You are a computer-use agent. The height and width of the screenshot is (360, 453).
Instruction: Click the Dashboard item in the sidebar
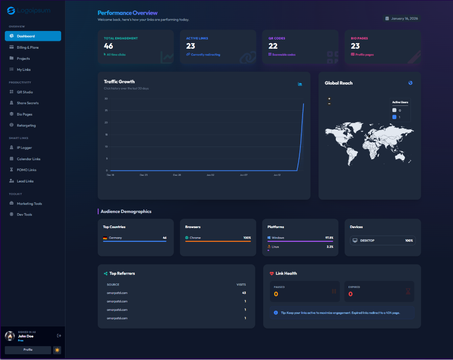[33, 36]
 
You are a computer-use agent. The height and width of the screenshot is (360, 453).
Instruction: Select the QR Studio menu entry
[25, 92]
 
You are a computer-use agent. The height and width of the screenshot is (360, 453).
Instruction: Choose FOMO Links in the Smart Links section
[27, 170]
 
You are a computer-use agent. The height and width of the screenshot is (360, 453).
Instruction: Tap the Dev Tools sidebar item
[24, 215]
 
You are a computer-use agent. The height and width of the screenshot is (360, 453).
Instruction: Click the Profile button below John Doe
[28, 350]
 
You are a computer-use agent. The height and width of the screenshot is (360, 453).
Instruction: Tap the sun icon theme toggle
[57, 350]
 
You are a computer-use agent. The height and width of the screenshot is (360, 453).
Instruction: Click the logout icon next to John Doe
[59, 336]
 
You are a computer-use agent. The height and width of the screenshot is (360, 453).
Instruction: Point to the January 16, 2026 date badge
[402, 19]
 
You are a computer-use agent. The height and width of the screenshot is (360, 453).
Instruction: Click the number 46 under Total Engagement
[108, 46]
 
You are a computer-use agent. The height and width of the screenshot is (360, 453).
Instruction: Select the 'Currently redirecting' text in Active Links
[205, 55]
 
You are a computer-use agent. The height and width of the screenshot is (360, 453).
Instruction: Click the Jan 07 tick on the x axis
[243, 175]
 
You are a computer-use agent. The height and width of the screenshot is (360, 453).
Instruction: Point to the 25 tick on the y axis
[106, 123]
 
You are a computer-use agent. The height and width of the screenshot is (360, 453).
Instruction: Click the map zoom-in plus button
[329, 99]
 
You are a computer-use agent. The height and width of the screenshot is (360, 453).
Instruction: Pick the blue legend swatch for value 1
[395, 117]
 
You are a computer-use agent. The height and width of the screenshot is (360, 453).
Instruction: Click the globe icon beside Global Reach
[411, 83]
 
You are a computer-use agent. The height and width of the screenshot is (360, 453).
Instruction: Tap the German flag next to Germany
[105, 238]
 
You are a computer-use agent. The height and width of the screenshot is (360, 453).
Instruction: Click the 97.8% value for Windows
[329, 238]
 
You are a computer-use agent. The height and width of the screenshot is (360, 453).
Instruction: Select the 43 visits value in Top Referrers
[244, 293]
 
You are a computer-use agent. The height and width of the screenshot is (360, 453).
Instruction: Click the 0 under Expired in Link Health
[350, 294]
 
